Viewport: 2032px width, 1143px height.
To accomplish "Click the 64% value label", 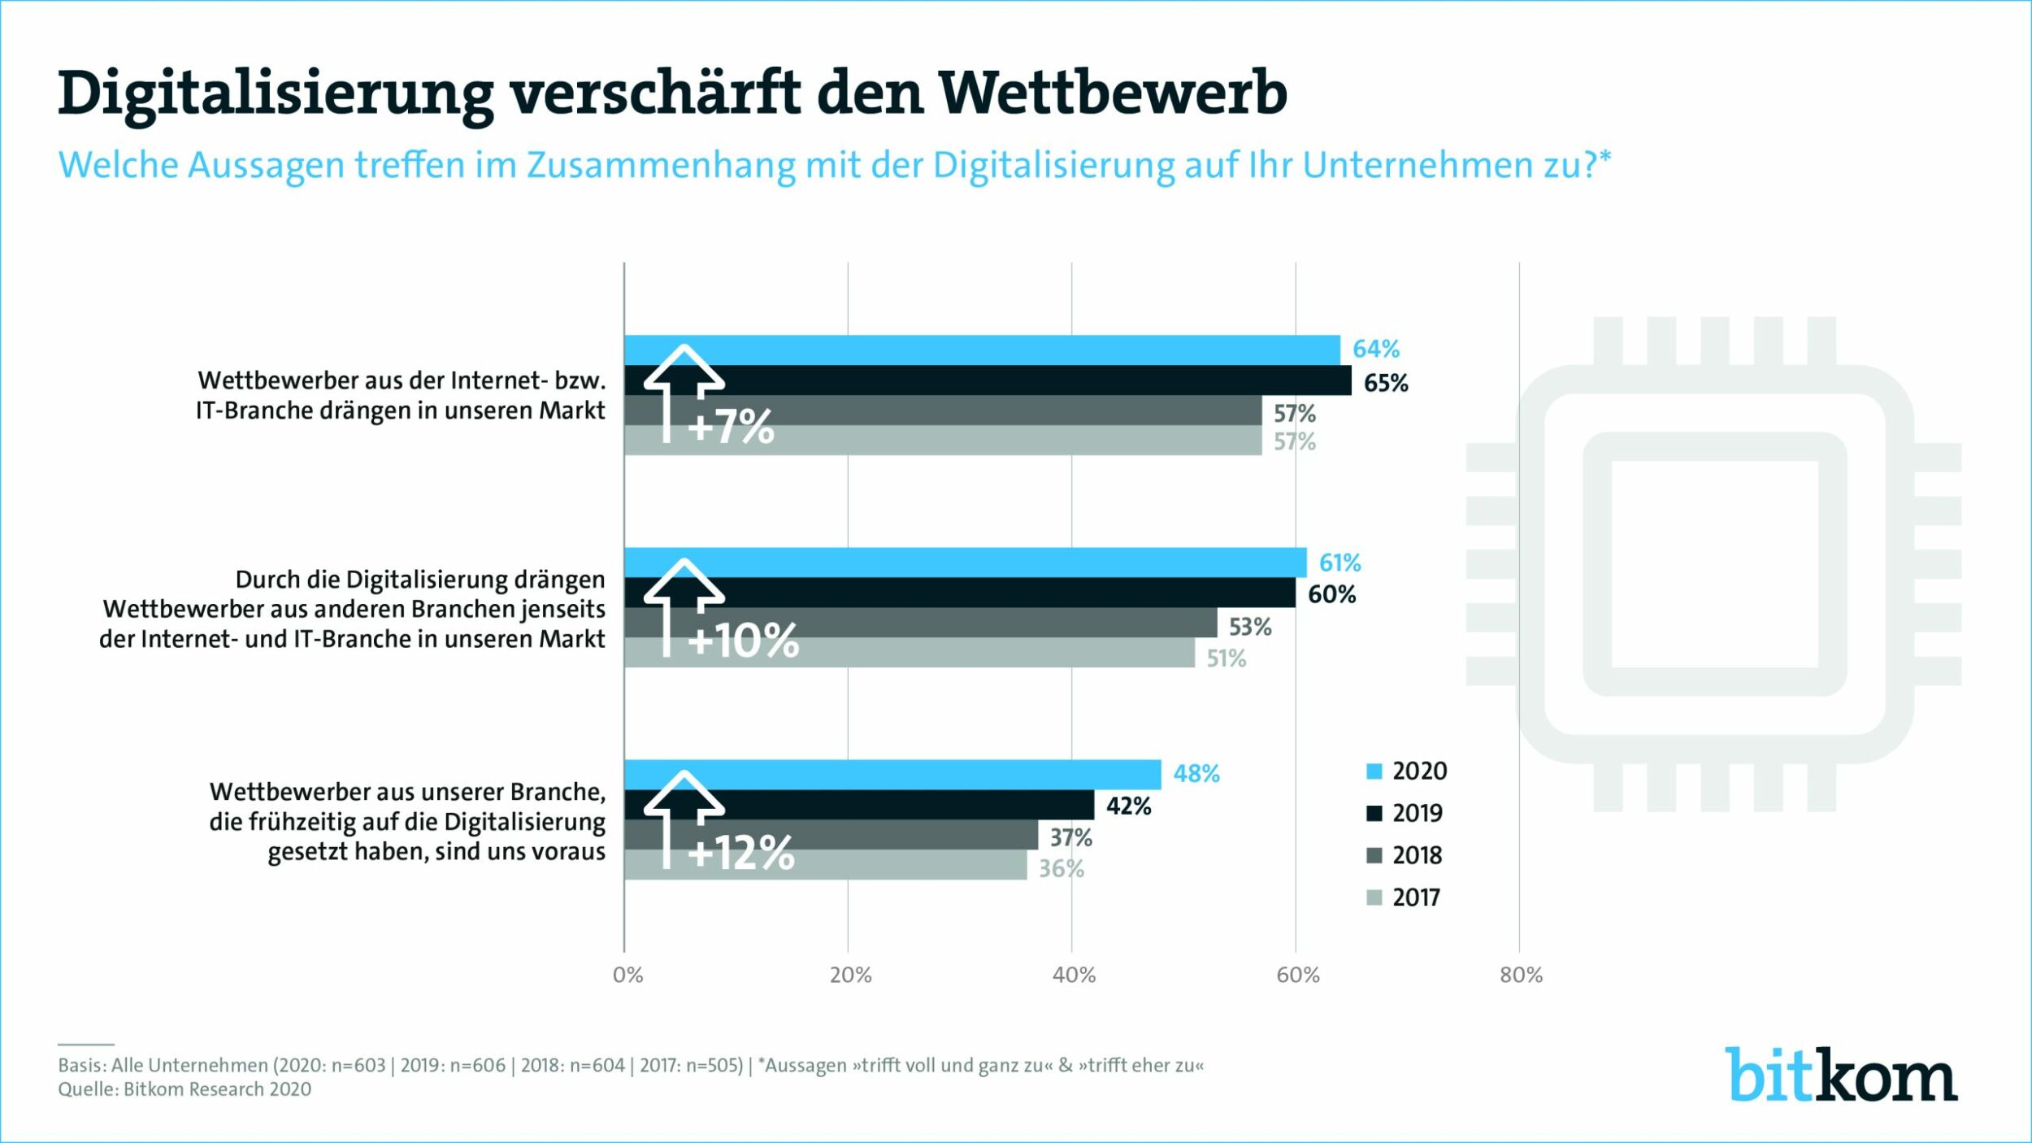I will click(1375, 349).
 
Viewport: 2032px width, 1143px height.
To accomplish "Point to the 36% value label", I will click(1061, 869).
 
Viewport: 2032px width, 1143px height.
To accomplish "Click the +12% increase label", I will click(740, 853).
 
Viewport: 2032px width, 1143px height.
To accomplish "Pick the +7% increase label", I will click(731, 426).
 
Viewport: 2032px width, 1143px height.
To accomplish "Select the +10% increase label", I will click(743, 641).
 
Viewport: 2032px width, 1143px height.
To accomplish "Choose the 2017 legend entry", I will click(1405, 897).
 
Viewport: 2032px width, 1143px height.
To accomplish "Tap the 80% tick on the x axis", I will click(1521, 976).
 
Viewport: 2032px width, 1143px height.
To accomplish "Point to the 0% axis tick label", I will click(627, 976).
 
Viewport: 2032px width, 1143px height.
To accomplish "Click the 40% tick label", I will click(1074, 976).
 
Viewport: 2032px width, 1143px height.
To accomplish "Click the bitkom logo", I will click(1841, 1075).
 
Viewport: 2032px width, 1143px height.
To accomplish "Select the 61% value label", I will click(1339, 563).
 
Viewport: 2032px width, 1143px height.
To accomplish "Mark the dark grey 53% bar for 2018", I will click(920, 623).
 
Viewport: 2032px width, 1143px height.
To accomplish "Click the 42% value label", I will click(1128, 806).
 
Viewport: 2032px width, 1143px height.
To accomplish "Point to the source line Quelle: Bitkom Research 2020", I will click(185, 1089).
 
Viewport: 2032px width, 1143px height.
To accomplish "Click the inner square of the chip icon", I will click(1715, 564).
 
